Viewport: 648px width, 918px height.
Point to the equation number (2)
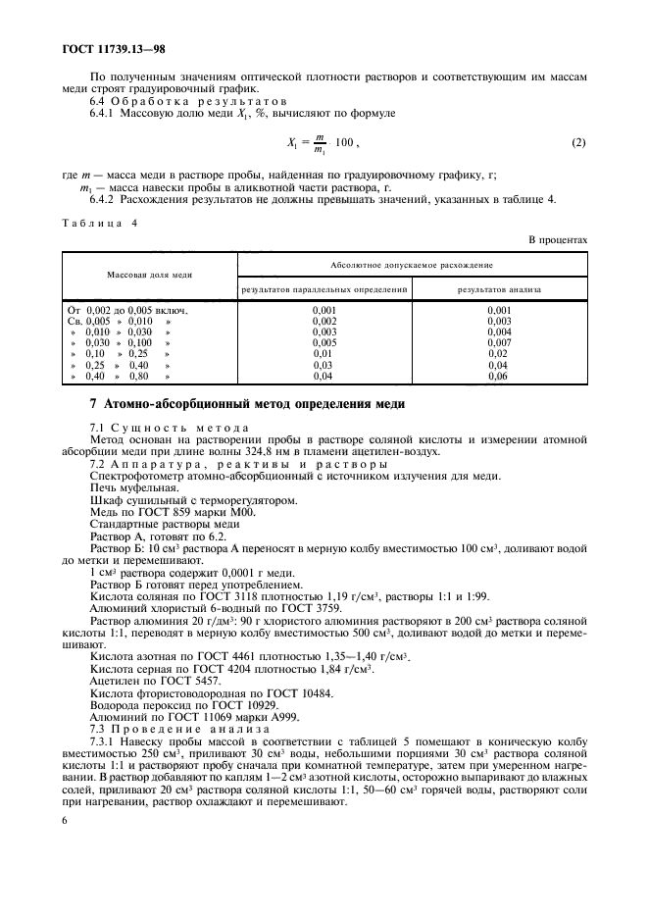pos(578,143)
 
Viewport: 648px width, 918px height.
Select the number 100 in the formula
pos(343,143)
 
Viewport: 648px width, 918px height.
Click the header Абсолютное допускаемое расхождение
pos(411,264)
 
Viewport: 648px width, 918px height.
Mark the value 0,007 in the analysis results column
pos(499,342)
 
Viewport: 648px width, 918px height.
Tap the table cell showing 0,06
pos(500,376)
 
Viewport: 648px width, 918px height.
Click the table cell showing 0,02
pos(500,353)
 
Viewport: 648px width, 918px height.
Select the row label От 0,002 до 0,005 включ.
pos(126,310)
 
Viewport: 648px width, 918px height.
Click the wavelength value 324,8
pos(329,451)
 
